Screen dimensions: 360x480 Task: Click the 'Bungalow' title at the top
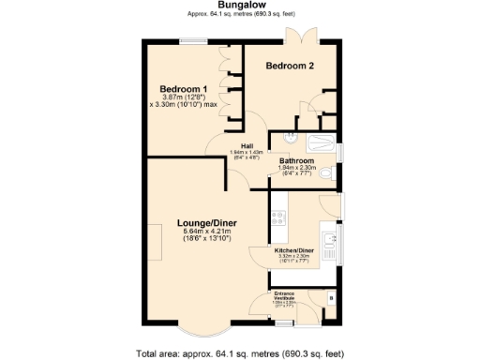tap(240, 6)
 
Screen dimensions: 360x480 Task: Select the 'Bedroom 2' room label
tap(290, 66)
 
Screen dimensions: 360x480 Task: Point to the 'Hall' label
tap(247, 145)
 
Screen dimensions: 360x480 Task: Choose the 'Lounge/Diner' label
tap(207, 222)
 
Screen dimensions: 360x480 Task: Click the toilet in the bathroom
tap(325, 175)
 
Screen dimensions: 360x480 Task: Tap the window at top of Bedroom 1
tap(194, 40)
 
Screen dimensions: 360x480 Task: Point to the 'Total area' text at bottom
tap(240, 353)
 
